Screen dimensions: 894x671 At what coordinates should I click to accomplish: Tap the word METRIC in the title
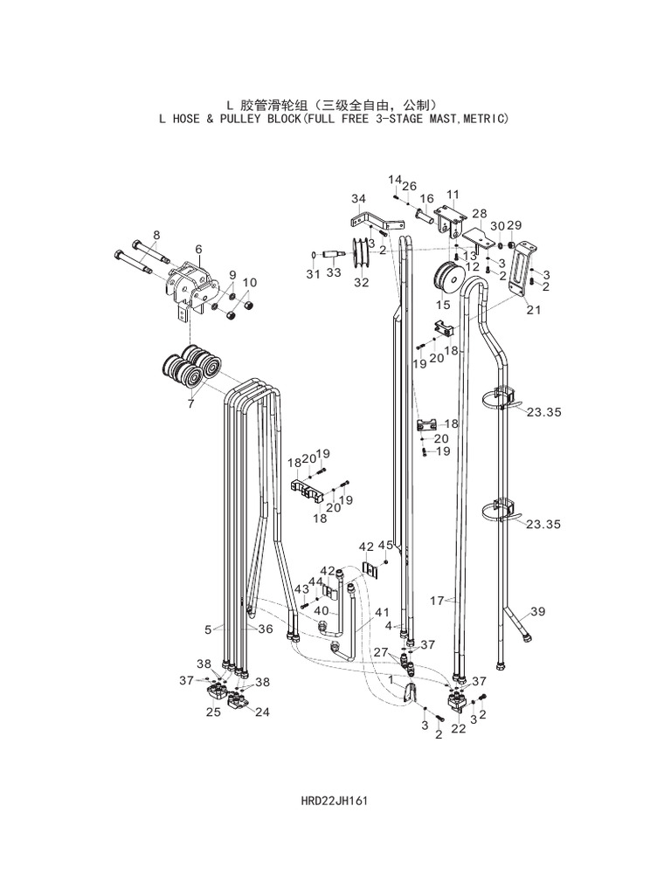click(x=479, y=118)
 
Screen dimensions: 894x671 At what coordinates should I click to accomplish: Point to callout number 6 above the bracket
click(x=198, y=249)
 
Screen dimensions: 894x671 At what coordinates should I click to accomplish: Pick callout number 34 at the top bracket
click(x=358, y=198)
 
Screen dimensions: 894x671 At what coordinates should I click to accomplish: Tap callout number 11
click(x=452, y=194)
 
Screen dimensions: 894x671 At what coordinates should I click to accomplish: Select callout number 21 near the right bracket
click(x=533, y=310)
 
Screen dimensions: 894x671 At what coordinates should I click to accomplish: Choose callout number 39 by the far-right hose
click(x=537, y=612)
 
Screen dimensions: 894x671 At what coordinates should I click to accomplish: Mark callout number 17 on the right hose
click(x=438, y=600)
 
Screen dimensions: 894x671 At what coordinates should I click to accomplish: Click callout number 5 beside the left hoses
click(x=208, y=628)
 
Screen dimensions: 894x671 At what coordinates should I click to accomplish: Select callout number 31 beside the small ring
click(x=313, y=274)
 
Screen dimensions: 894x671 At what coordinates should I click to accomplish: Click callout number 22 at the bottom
click(x=458, y=729)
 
